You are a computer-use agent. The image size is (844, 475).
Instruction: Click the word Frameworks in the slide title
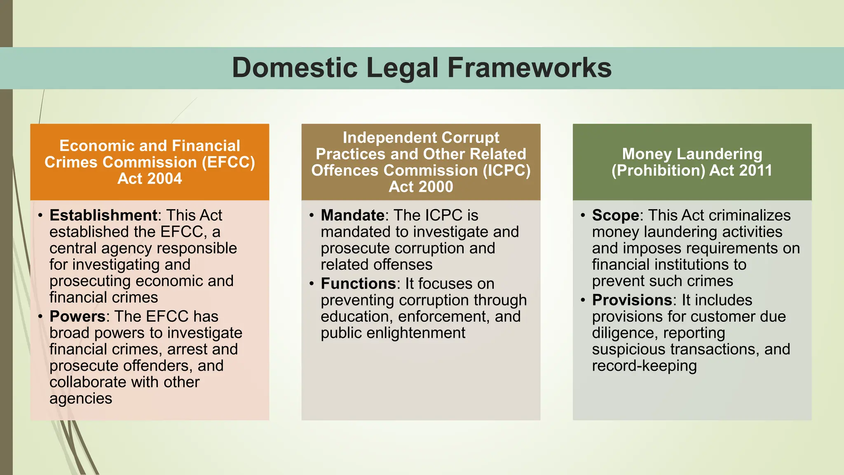529,68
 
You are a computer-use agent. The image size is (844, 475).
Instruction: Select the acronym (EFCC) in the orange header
228,162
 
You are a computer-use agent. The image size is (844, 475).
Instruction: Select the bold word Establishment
103,215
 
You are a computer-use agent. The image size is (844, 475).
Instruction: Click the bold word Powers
77,316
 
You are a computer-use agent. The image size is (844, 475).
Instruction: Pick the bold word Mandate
352,215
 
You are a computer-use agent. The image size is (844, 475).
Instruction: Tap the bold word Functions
358,284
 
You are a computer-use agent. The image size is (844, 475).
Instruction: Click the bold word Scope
615,215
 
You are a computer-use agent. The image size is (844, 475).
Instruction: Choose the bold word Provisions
632,300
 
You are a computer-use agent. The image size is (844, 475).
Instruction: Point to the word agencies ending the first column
81,399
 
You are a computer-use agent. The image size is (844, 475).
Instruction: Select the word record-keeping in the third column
644,366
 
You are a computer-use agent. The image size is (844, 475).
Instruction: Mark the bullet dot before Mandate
312,215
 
